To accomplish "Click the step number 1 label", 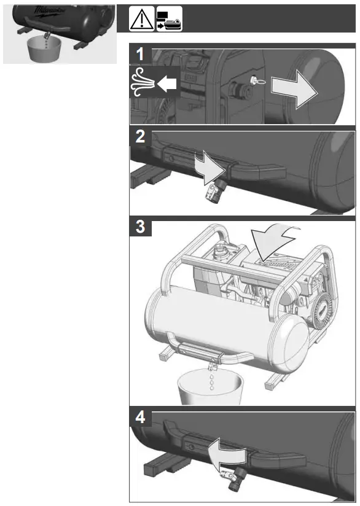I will [x=141, y=54].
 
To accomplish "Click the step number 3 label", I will [x=141, y=227].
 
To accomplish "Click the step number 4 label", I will [x=141, y=419].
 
